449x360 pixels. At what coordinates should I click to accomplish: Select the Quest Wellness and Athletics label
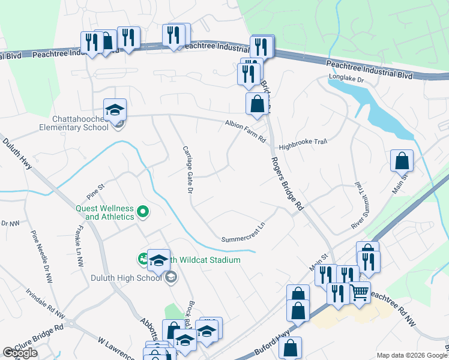[x=104, y=212]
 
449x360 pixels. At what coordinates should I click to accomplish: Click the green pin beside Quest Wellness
[x=143, y=211]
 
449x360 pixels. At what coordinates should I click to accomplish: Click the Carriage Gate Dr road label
[x=187, y=169]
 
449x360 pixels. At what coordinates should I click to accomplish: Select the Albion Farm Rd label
[x=245, y=131]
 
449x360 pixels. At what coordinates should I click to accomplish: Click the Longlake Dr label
[x=346, y=79]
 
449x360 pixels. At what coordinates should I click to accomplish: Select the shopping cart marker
[x=360, y=293]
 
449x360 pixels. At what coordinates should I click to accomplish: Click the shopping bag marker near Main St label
[x=402, y=161]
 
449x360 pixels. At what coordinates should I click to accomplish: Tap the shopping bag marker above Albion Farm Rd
[x=257, y=104]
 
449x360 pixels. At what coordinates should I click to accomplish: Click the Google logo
[x=20, y=353]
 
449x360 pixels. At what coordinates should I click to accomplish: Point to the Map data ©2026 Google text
[x=412, y=355]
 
